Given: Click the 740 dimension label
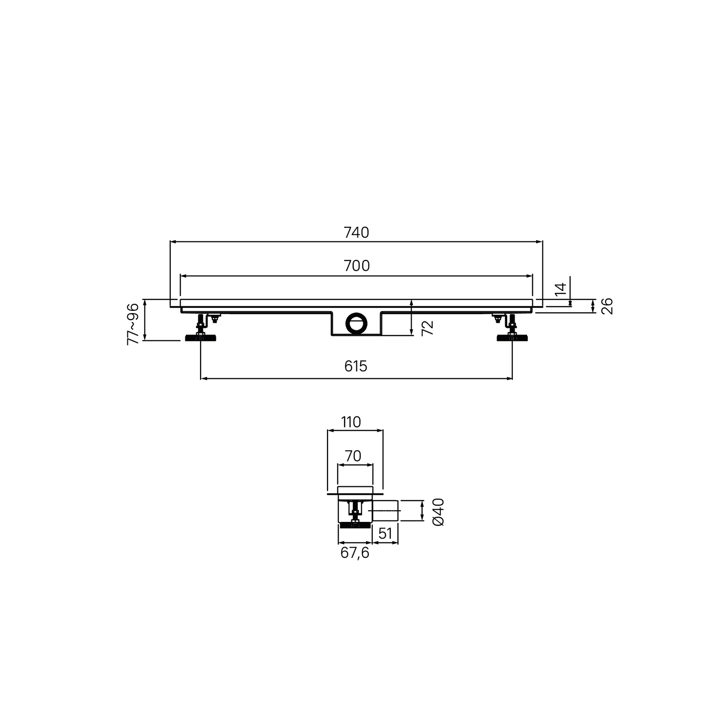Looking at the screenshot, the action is [356, 232].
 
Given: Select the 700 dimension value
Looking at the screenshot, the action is [356, 266].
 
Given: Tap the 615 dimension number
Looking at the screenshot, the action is [356, 366].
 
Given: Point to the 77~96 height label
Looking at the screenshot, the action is [133, 323].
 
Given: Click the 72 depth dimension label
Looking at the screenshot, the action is [428, 328].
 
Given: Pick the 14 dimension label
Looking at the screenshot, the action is [561, 290].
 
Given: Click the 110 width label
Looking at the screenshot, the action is [351, 422].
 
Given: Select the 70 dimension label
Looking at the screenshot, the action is [353, 456].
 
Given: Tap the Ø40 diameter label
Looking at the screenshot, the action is [438, 511].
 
